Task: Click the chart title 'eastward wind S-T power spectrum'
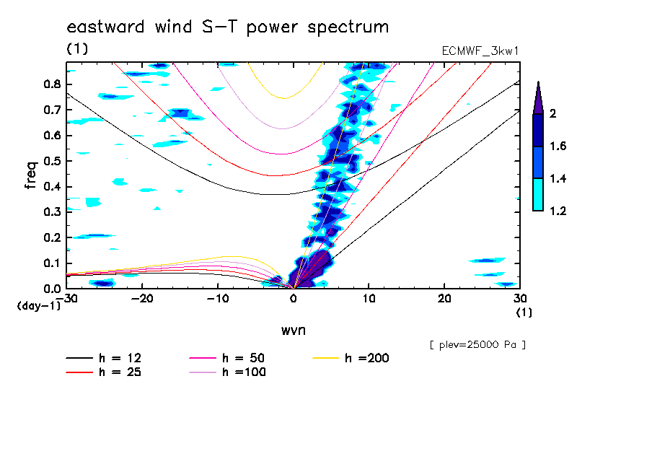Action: (227, 27)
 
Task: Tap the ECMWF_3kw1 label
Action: (480, 51)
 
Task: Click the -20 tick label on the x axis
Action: (141, 298)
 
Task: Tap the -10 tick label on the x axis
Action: (217, 298)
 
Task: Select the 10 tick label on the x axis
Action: (369, 298)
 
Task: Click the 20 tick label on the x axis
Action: (444, 298)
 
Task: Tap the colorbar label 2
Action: (553, 114)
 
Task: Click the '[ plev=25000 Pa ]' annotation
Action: (477, 345)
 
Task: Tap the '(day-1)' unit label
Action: (39, 306)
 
